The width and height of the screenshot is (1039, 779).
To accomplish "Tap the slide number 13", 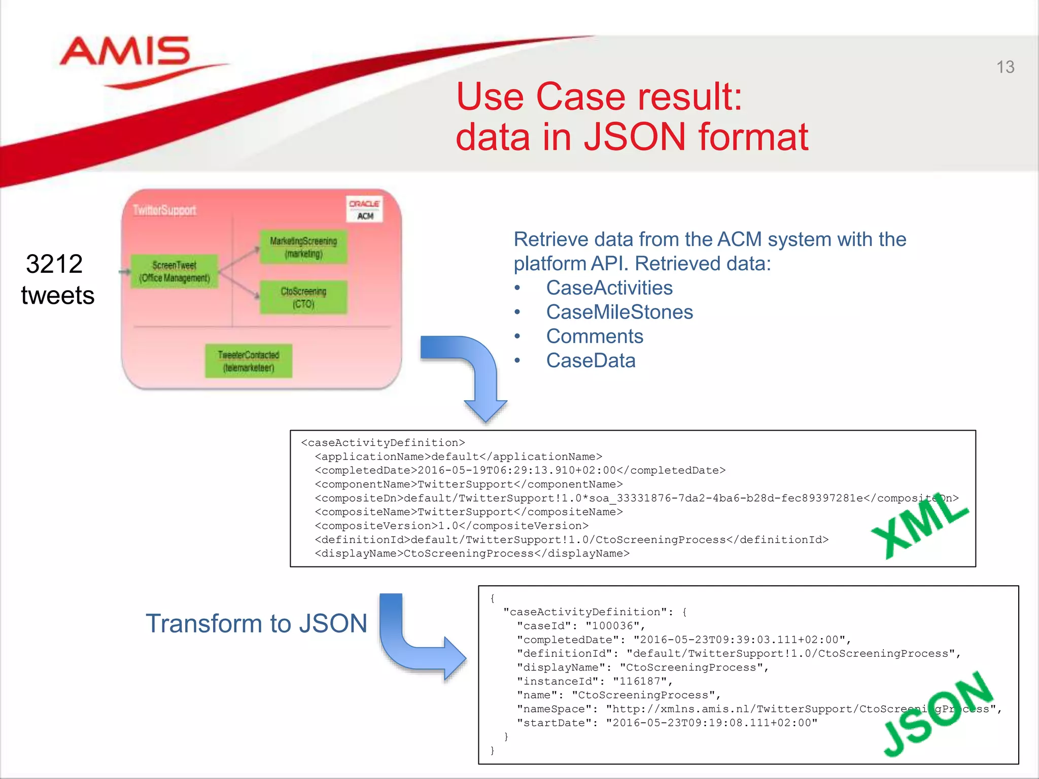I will click(1005, 67).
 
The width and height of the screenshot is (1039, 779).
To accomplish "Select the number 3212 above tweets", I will click(54, 264).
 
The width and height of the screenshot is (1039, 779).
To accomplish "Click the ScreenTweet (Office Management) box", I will click(175, 271).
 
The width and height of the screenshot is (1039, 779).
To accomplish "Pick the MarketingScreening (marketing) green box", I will click(303, 247).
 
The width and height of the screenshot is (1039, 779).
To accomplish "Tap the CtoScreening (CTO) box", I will click(303, 297).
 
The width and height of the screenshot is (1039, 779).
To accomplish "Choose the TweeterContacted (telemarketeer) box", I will click(249, 361).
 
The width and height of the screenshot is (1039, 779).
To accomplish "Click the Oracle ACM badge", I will click(364, 209).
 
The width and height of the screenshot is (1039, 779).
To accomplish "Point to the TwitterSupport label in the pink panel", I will click(164, 210).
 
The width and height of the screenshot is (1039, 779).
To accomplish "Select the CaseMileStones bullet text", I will click(619, 312).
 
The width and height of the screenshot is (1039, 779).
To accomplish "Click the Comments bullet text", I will click(595, 336).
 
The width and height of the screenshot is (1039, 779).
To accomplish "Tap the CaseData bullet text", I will click(591, 361).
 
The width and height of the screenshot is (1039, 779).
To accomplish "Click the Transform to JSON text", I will click(256, 623).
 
